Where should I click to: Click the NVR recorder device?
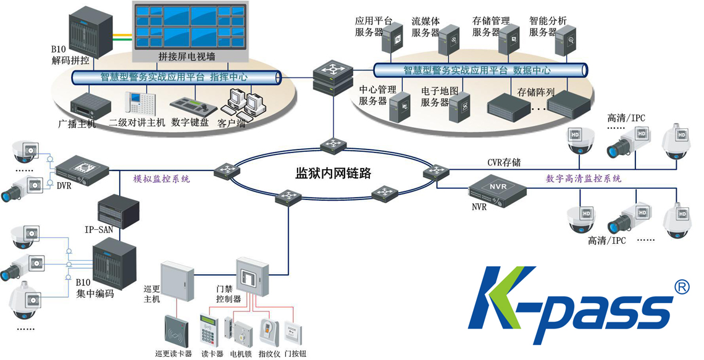[x=497, y=188]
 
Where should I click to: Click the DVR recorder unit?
[x=82, y=167]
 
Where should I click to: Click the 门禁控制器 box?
[x=253, y=276]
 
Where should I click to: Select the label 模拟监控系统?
[x=162, y=179]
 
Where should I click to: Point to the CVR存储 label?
[x=504, y=162]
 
